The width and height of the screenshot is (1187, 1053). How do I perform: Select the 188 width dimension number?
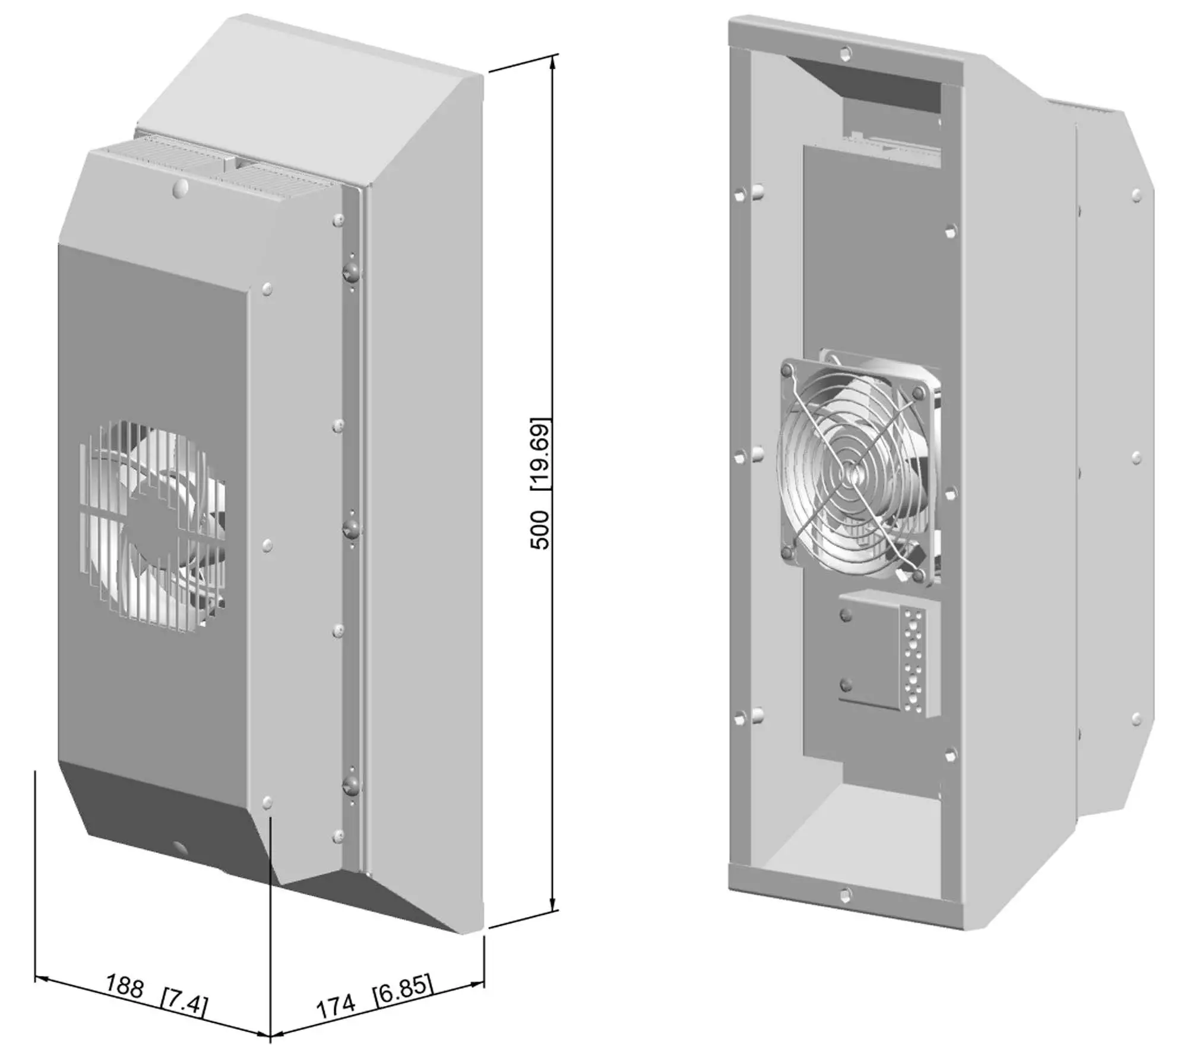click(124, 986)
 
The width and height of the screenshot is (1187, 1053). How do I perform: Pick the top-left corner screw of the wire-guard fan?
click(787, 371)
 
